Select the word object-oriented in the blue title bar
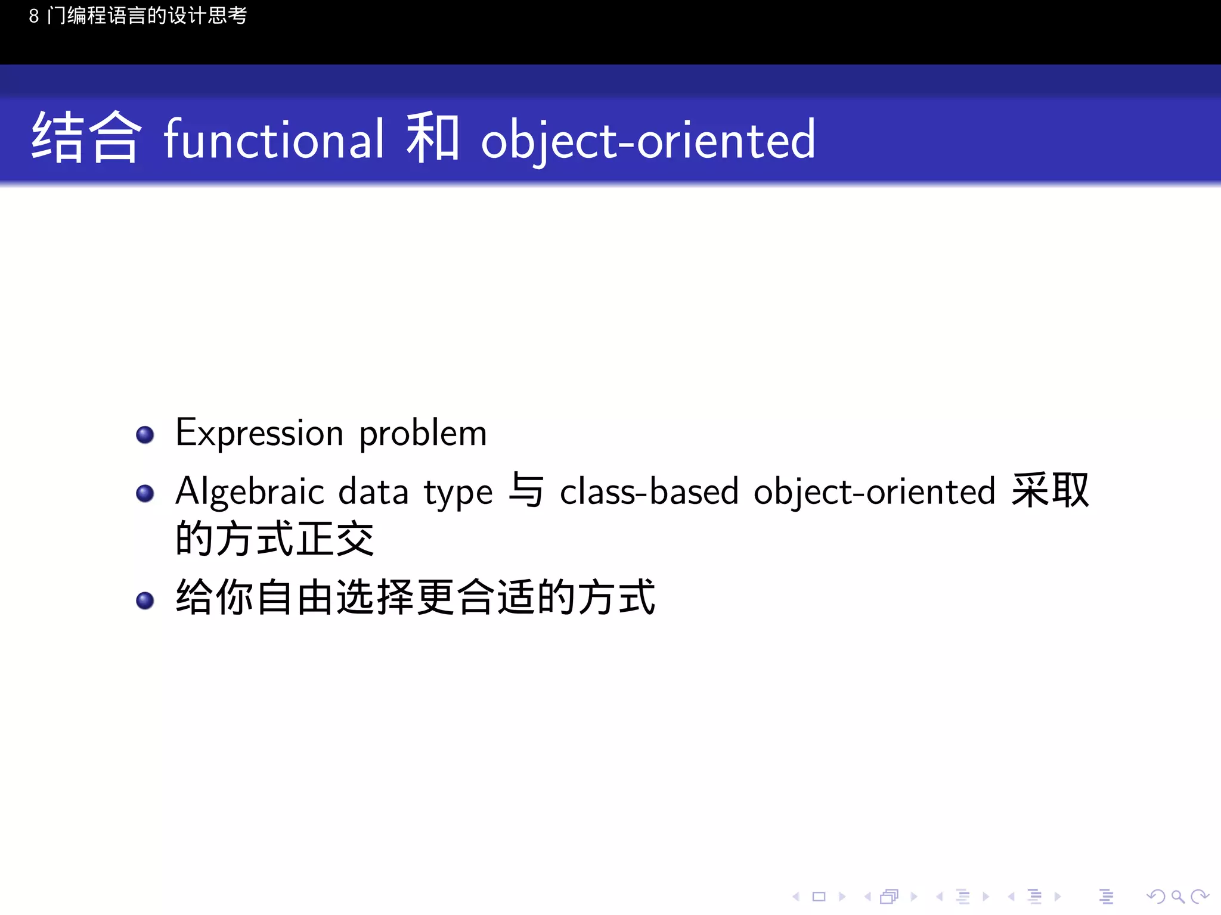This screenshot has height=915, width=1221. pyautogui.click(x=648, y=140)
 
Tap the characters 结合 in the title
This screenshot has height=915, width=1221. pyautogui.click(x=86, y=138)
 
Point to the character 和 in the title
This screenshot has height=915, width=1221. pyautogui.click(x=432, y=138)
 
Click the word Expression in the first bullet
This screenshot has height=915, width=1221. pyautogui.click(x=259, y=434)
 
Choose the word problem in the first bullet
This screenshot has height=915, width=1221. pyautogui.click(x=423, y=434)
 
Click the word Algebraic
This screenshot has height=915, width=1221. pyautogui.click(x=250, y=492)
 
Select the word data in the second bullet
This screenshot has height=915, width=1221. pyautogui.click(x=373, y=492)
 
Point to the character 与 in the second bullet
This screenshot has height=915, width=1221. pyautogui.click(x=526, y=490)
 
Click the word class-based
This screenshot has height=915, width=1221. pyautogui.click(x=649, y=492)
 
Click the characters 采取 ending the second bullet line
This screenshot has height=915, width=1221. pyautogui.click(x=1050, y=490)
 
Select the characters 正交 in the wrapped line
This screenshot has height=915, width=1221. pyautogui.click(x=335, y=539)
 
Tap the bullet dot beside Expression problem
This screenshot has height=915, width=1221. pyautogui.click(x=145, y=435)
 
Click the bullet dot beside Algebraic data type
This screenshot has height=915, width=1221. pyautogui.click(x=145, y=493)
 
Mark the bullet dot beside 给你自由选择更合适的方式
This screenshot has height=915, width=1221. pyautogui.click(x=145, y=600)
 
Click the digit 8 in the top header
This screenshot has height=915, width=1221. pyautogui.click(x=34, y=16)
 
